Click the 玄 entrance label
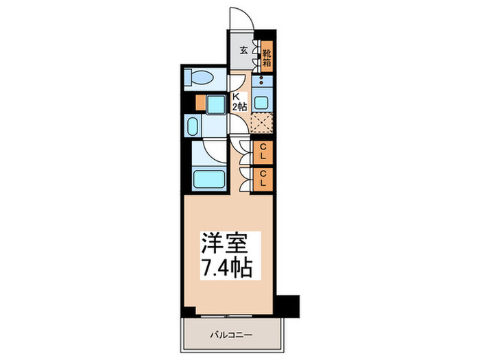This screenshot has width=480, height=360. point(243,49)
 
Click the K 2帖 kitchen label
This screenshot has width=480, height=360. point(237,101)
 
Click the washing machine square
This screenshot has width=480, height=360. point(216,104)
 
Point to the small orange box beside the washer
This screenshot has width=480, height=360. point(200,104)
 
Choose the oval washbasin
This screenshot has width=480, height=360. point(193,128)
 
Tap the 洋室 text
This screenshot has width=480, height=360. point(221,243)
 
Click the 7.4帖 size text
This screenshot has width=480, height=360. point(221,267)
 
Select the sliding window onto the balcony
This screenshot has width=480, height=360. point(226,316)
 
